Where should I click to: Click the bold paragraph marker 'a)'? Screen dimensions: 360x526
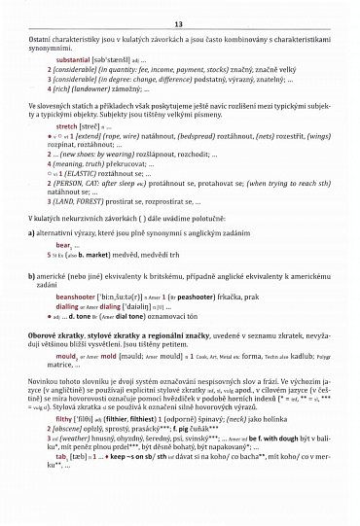(x=32, y=232)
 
